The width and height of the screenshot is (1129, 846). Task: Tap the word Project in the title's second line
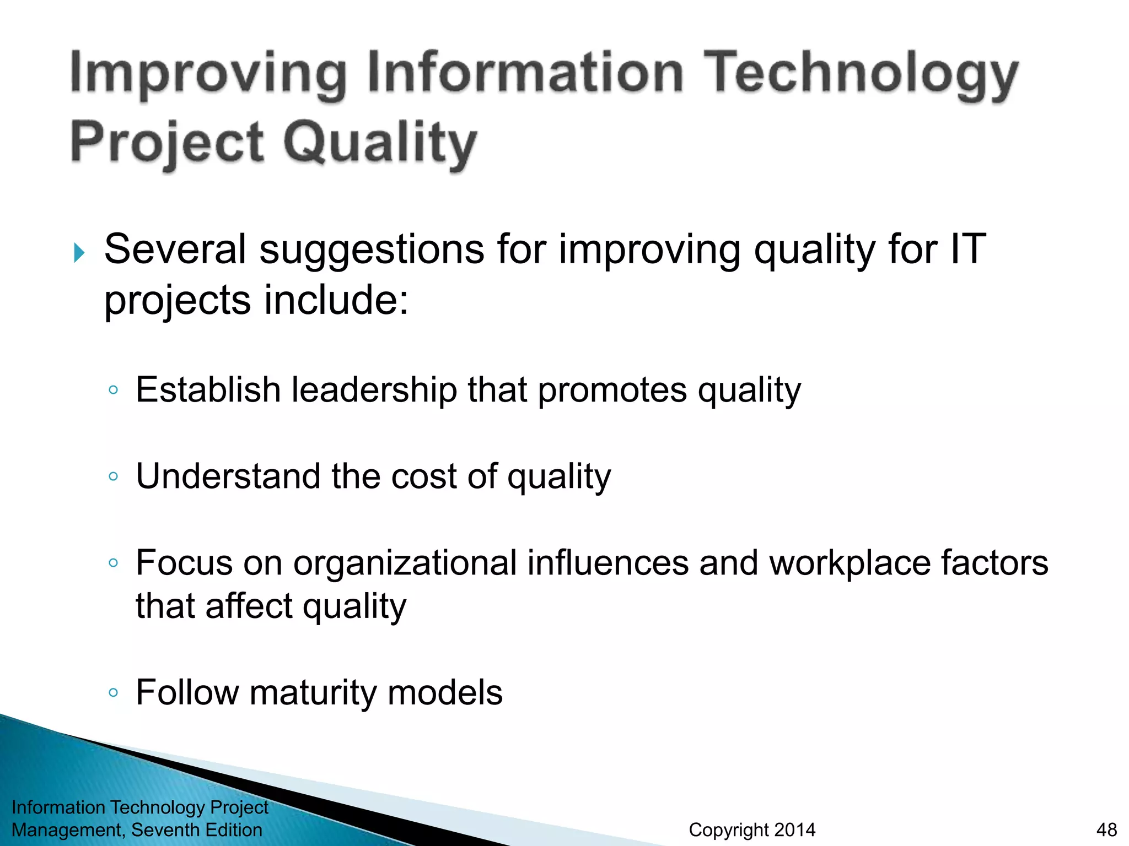167,142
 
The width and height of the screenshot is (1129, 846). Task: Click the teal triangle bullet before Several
79,253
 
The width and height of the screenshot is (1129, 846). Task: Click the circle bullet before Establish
114,390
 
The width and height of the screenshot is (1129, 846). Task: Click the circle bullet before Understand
114,476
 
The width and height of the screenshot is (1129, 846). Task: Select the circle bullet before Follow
114,693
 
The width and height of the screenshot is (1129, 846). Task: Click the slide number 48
1106,829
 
